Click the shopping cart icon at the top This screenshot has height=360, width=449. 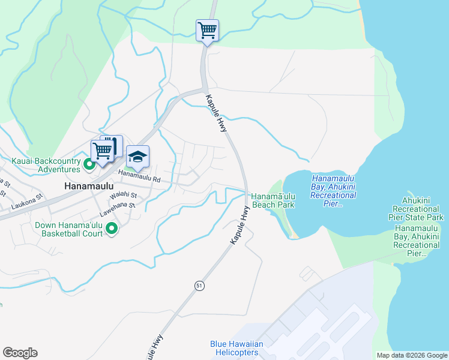[207, 29]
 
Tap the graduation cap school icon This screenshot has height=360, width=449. [138, 157]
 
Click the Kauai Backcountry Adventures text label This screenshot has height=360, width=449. [46, 166]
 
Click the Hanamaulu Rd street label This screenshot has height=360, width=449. [139, 175]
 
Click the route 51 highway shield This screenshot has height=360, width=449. [199, 286]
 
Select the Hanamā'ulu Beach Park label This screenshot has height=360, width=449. [273, 200]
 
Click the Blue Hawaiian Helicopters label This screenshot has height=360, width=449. [237, 348]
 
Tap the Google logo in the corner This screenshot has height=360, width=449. [20, 353]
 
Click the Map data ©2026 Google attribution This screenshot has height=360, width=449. [411, 355]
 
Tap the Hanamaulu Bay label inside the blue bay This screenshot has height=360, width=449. [334, 191]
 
